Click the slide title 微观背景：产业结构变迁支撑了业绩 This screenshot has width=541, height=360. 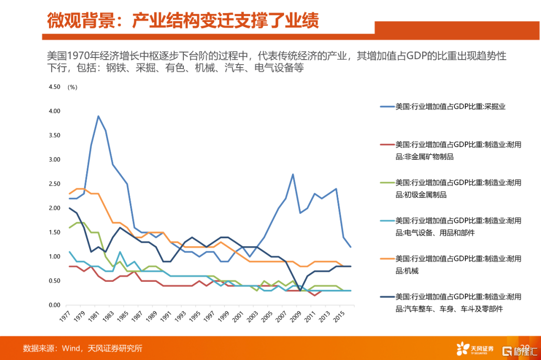tap(183, 21)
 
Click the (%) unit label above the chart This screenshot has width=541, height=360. tap(73, 87)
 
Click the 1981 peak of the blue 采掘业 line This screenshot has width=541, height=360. tap(98, 116)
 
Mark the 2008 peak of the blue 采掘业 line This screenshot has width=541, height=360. tap(293, 174)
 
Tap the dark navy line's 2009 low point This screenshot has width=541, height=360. tap(300, 290)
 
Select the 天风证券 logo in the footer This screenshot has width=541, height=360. tap(474, 348)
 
